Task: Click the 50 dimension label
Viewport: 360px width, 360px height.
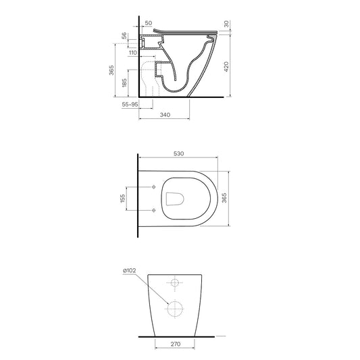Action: (149, 23)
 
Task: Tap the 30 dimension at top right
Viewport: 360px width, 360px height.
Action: (226, 24)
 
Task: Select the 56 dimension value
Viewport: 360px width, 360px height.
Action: (124, 36)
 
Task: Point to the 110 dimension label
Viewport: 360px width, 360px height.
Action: (133, 53)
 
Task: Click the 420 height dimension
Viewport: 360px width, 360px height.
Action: (226, 67)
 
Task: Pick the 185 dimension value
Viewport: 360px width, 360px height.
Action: (124, 83)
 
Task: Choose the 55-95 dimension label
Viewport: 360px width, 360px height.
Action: (130, 105)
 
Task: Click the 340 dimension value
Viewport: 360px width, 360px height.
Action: (165, 115)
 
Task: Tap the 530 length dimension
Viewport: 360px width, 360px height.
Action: (178, 153)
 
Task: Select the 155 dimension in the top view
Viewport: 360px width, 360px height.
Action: (123, 198)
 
